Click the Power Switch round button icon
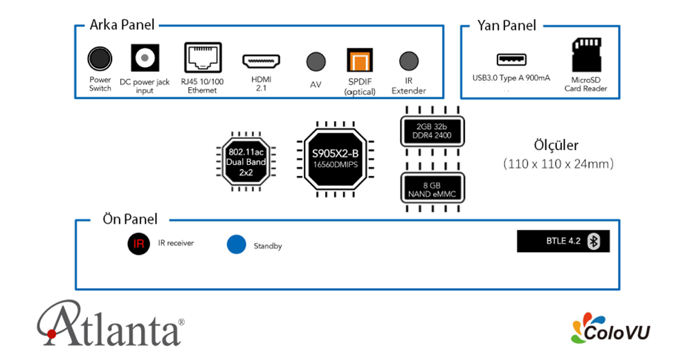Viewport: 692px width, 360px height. tap(100, 59)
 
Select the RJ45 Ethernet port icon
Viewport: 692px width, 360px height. tap(203, 57)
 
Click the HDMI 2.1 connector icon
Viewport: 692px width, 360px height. tap(262, 61)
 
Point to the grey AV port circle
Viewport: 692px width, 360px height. tap(316, 61)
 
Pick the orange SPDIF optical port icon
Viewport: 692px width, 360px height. tap(359, 61)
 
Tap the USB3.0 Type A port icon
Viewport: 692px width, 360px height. tap(511, 60)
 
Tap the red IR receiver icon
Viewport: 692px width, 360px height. tap(138, 244)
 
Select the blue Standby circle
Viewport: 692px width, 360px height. tap(237, 245)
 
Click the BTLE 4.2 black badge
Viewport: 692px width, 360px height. tap(563, 240)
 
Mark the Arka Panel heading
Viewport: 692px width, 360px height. tap(122, 25)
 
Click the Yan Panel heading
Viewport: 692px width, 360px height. tap(507, 25)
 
